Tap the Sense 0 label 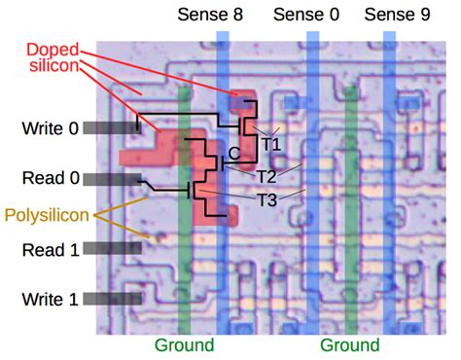click(x=307, y=15)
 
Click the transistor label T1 click(x=270, y=144)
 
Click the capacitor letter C click(x=233, y=153)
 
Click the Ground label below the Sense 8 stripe click(x=184, y=345)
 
